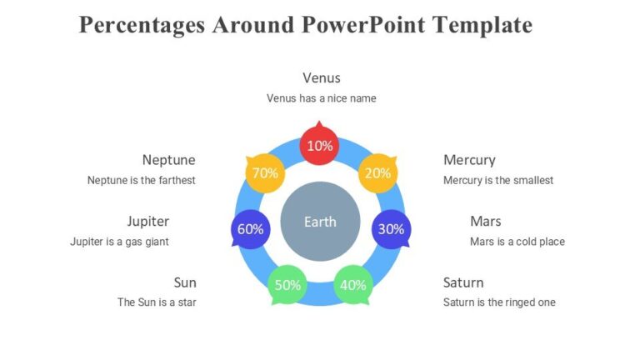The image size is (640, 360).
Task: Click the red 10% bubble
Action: [320, 145]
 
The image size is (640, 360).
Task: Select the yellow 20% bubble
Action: [377, 173]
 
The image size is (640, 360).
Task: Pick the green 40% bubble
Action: [353, 284]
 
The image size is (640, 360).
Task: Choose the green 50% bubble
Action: [287, 284]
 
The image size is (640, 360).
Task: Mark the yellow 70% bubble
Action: [264, 173]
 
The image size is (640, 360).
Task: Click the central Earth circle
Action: [320, 222]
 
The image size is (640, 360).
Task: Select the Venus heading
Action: [321, 78]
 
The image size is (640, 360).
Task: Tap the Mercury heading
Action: [469, 160]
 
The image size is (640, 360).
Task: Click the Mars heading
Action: [485, 222]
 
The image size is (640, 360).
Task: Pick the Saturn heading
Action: [463, 282]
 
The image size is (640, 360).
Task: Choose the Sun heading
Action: [185, 282]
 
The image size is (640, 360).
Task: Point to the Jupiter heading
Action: [147, 222]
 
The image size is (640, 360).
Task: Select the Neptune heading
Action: [168, 160]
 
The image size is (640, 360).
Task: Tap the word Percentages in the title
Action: [142, 25]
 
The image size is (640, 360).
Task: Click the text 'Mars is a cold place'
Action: [517, 242]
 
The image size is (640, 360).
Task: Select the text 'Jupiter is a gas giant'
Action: [119, 242]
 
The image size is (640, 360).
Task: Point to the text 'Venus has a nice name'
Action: [321, 98]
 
